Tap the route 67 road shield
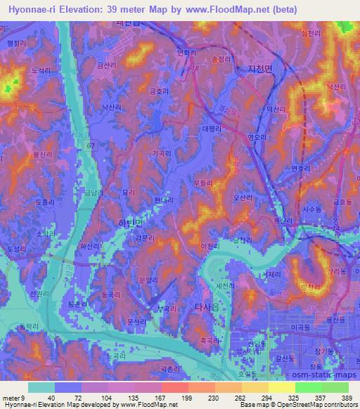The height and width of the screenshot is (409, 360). pyautogui.click(x=91, y=145)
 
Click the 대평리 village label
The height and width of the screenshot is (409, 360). pyautogui.click(x=211, y=129)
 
